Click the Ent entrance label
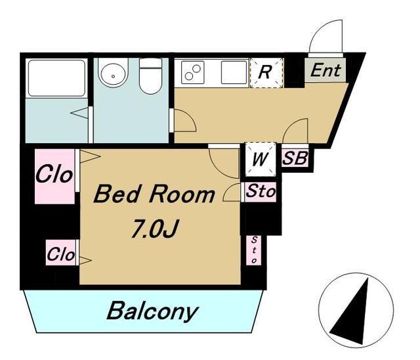pyautogui.click(x=325, y=70)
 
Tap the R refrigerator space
pyautogui.click(x=266, y=73)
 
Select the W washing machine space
pyautogui.click(x=261, y=160)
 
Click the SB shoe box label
pyautogui.click(x=295, y=158)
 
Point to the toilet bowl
pyautogui.click(x=150, y=76)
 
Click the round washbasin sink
pyautogui.click(x=113, y=73)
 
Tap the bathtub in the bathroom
pyautogui.click(x=57, y=78)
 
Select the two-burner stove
pyautogui.click(x=193, y=72)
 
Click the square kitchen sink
pyautogui.click(x=234, y=72)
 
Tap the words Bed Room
pyautogui.click(x=154, y=194)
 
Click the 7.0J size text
pyautogui.click(x=155, y=229)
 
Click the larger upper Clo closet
pyautogui.click(x=54, y=176)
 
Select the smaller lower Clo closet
pyautogui.click(x=60, y=252)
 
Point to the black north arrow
pyautogui.click(x=352, y=312)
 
